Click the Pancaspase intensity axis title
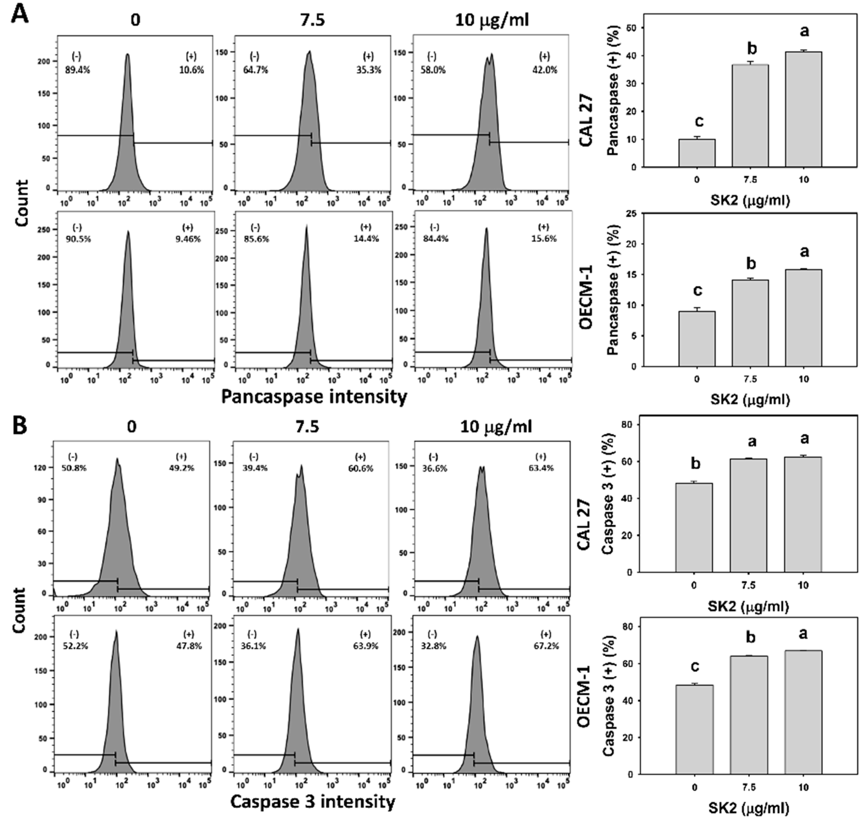(314, 397)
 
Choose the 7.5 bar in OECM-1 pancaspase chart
(750, 323)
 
